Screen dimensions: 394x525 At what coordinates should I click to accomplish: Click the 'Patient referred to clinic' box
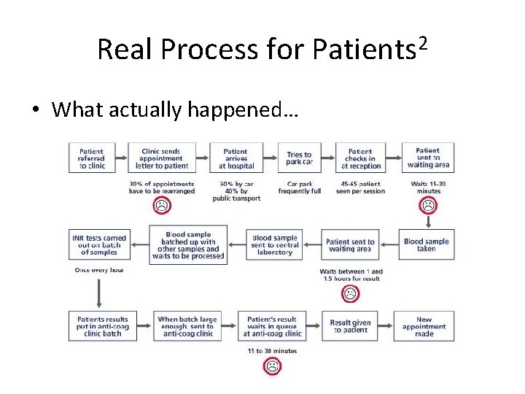(92, 158)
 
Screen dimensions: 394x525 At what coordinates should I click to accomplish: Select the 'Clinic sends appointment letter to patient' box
(161, 158)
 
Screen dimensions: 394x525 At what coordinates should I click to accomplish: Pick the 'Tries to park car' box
(299, 158)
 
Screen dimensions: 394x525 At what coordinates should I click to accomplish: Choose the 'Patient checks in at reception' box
(360, 158)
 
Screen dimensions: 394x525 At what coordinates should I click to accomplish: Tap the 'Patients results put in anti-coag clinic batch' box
(103, 326)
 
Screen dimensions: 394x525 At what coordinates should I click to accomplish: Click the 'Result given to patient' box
(350, 326)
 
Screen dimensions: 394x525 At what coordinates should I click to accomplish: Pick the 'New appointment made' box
(424, 326)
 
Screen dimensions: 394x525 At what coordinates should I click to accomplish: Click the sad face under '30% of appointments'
(162, 206)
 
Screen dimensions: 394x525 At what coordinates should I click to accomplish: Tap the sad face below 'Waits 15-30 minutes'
(429, 206)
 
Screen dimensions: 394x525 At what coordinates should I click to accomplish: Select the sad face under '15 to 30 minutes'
(272, 365)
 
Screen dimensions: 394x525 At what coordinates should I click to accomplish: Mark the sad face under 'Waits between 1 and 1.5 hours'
(351, 293)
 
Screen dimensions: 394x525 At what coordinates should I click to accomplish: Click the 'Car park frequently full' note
(299, 188)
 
